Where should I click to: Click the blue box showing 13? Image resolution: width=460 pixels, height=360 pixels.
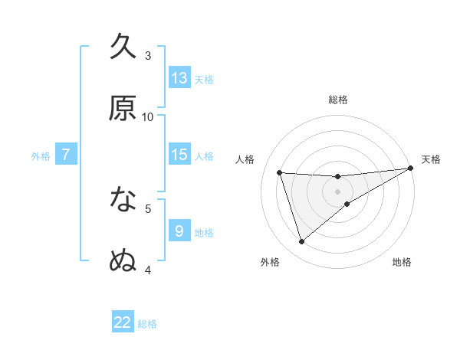click(x=179, y=78)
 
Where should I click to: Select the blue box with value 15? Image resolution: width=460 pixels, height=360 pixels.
click(x=179, y=155)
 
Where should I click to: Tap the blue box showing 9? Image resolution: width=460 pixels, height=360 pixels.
click(x=179, y=231)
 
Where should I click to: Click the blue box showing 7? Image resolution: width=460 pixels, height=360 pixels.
click(x=66, y=155)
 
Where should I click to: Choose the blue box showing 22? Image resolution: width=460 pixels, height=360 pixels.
click(x=123, y=322)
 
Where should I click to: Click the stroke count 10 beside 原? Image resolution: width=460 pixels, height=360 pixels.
click(x=148, y=116)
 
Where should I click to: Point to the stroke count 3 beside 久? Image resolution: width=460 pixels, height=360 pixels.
click(x=148, y=55)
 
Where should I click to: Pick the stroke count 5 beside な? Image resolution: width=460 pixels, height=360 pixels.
click(x=148, y=208)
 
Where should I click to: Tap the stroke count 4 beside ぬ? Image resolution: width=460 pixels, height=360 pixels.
click(x=148, y=269)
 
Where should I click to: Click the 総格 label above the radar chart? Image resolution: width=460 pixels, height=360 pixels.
click(x=338, y=100)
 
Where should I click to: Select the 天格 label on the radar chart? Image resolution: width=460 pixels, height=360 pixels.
click(x=431, y=159)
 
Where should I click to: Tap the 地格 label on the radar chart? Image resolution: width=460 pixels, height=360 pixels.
click(x=402, y=262)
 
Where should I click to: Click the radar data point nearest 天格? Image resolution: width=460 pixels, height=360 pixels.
click(x=411, y=169)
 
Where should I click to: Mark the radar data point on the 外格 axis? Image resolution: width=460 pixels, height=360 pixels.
click(x=301, y=242)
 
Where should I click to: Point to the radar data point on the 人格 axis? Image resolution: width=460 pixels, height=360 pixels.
click(x=280, y=172)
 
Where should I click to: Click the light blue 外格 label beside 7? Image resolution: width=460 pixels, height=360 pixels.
click(x=41, y=155)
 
